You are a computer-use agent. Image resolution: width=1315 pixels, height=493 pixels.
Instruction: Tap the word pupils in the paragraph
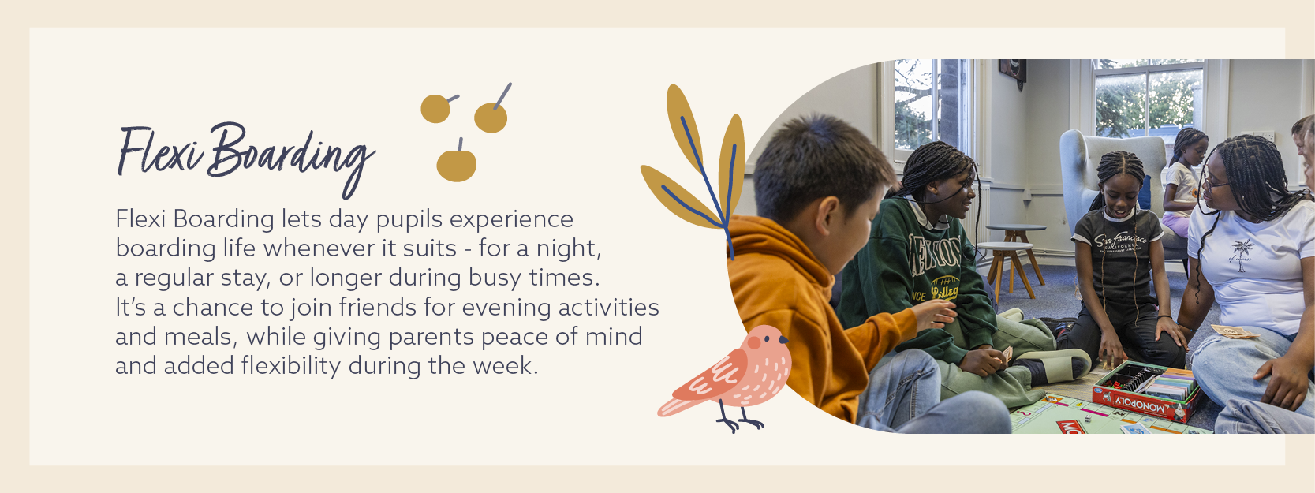[409, 220]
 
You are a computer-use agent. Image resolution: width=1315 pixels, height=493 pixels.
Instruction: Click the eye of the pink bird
[767, 339]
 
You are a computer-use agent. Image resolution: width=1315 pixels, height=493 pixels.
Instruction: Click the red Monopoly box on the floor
[1145, 391]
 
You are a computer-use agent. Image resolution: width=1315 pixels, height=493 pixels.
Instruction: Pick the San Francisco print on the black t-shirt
[1120, 242]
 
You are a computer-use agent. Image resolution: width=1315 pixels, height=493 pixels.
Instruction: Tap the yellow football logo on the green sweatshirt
[944, 287]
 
